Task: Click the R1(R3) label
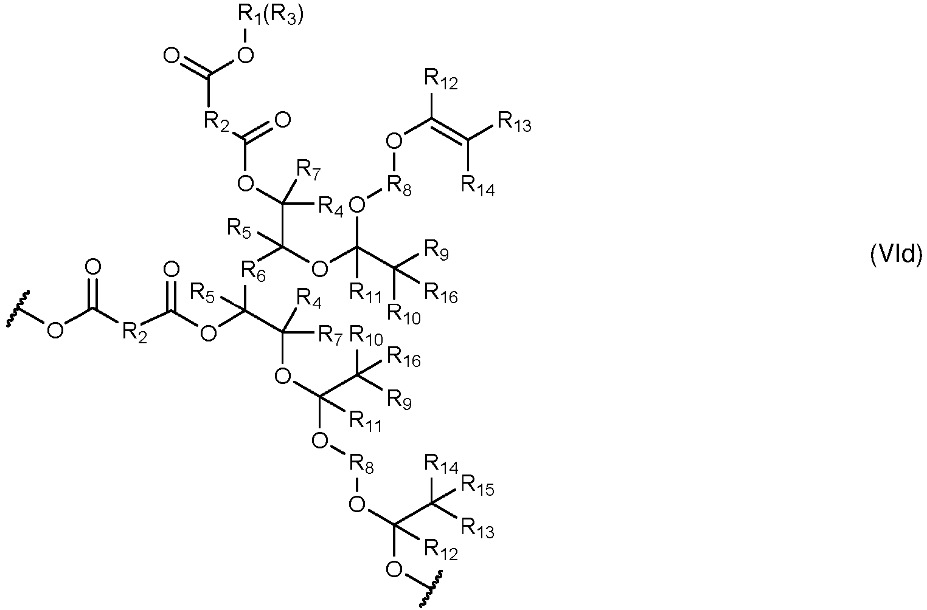tap(271, 16)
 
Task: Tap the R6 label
tap(253, 272)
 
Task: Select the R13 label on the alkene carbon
tap(515, 122)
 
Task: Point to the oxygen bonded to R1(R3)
tap(245, 55)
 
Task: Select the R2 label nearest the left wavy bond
tap(135, 333)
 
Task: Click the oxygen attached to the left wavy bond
tap(55, 330)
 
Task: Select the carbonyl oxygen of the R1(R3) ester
tap(172, 55)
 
